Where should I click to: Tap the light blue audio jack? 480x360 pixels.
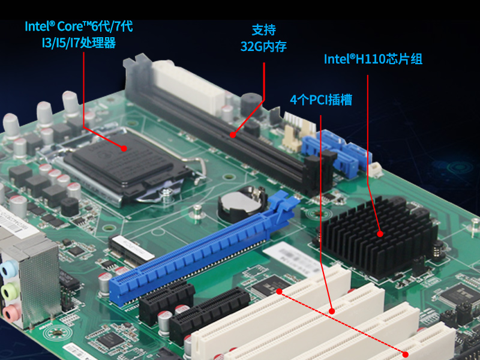tap(8, 269)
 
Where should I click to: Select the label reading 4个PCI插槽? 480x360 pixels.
tap(321, 100)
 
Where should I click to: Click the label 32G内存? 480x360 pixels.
tap(263, 46)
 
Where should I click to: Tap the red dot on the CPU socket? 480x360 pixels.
tap(124, 148)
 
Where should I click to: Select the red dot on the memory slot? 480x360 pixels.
tap(233, 134)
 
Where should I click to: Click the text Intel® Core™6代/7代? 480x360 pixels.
tap(79, 26)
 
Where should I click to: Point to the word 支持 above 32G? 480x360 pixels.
tap(263, 29)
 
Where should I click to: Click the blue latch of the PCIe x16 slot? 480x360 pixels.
tap(282, 204)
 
